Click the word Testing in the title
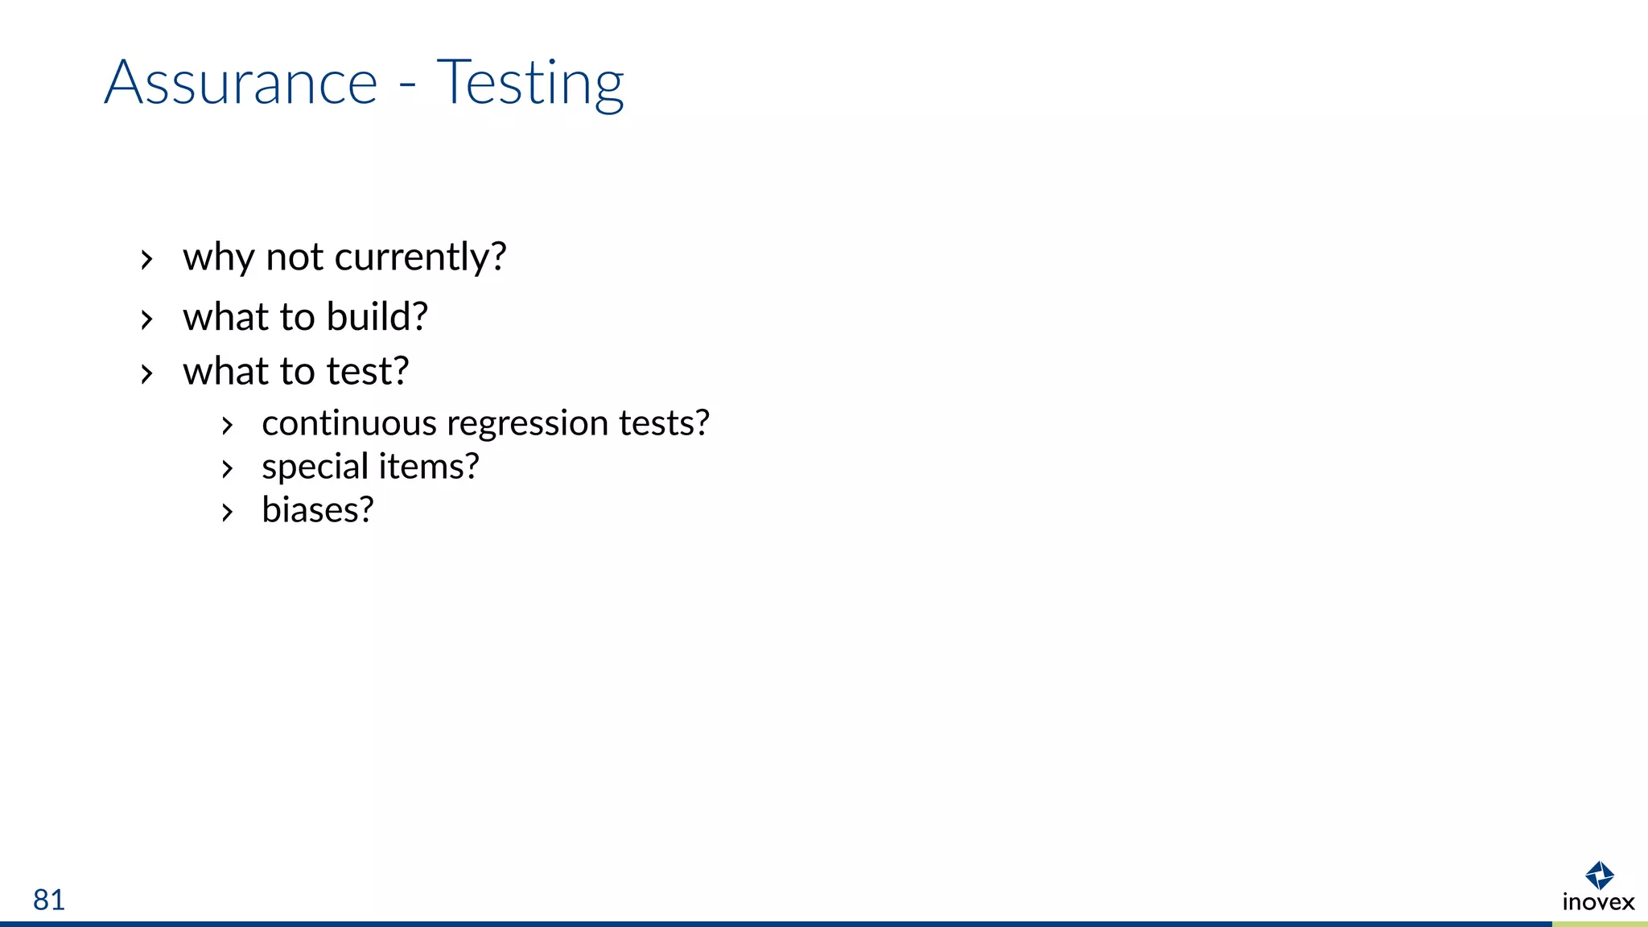(x=529, y=84)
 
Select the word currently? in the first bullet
(x=420, y=257)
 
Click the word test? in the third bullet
(x=368, y=372)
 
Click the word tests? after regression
(x=664, y=423)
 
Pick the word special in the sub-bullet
(x=315, y=468)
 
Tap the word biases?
(x=318, y=510)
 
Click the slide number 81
(x=49, y=900)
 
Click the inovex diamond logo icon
(x=1599, y=875)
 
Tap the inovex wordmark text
(x=1598, y=902)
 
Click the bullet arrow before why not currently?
(x=146, y=260)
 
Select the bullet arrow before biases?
(x=228, y=513)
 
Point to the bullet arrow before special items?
(x=228, y=469)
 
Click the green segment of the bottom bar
(x=1600, y=924)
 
